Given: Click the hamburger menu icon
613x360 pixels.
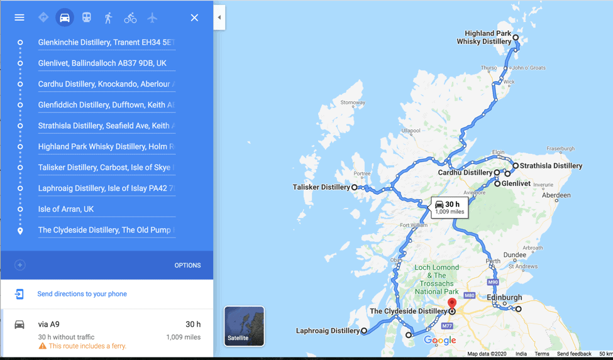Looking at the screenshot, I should [x=19, y=18].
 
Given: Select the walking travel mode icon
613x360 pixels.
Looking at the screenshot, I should [x=108, y=18].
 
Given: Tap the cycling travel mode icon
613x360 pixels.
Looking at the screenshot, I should [x=130, y=18].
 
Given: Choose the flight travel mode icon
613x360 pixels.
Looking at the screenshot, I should [x=152, y=18].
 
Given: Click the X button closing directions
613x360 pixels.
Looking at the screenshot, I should [x=194, y=18].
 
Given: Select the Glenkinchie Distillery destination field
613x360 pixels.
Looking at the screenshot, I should [x=106, y=43].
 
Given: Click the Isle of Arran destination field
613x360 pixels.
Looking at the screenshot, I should [x=106, y=209].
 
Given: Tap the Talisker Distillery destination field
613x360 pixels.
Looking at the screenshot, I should [x=106, y=168].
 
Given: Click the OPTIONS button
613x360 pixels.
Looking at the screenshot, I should [x=187, y=265].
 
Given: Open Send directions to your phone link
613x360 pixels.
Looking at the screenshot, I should [x=82, y=294].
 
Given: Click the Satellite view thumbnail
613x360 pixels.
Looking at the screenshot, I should [x=244, y=326].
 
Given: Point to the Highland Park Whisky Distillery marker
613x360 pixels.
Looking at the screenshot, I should [x=516, y=38].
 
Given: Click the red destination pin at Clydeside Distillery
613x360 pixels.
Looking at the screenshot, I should [x=451, y=305].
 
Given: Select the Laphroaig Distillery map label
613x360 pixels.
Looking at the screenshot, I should [x=328, y=331].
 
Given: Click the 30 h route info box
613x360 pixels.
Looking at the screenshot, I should [x=449, y=207].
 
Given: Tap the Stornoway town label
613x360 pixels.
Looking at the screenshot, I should [x=352, y=102].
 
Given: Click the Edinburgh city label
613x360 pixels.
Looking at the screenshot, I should [x=504, y=297].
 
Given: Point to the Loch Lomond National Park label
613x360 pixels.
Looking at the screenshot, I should [x=436, y=280].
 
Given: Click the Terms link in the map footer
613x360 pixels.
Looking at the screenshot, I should [x=541, y=354].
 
